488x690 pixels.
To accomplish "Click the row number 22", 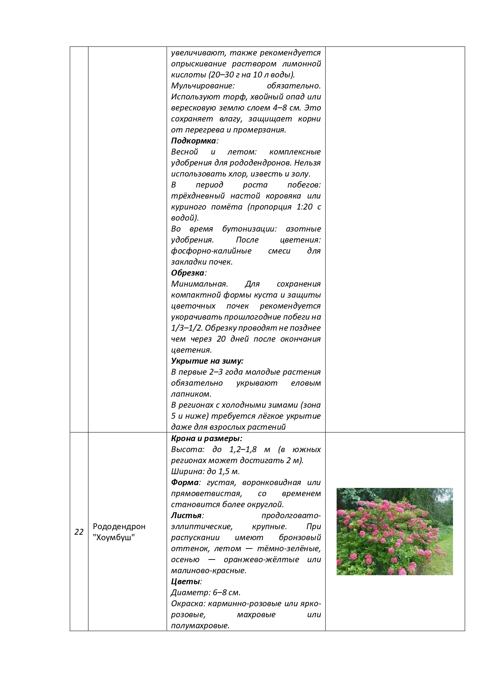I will tap(79, 532).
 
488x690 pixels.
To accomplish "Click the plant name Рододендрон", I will tap(119, 526).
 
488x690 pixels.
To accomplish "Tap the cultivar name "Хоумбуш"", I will tap(114, 537).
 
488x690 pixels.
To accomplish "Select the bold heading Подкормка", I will tap(193, 141).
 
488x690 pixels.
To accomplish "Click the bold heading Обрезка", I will tap(188, 273).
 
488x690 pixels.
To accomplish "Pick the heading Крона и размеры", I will tap(206, 438).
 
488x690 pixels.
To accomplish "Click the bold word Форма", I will tap(184, 482).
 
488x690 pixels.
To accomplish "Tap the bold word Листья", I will tap(186, 515).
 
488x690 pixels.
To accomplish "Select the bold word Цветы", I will tap(186, 581).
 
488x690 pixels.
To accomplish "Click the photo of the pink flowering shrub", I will tap(394, 531).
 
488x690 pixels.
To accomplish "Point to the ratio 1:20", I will tap(302, 207).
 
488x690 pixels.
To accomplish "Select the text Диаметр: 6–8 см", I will tap(206, 592).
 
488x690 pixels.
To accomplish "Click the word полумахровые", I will tap(200, 626).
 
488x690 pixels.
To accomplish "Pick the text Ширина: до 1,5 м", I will tap(205, 471).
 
